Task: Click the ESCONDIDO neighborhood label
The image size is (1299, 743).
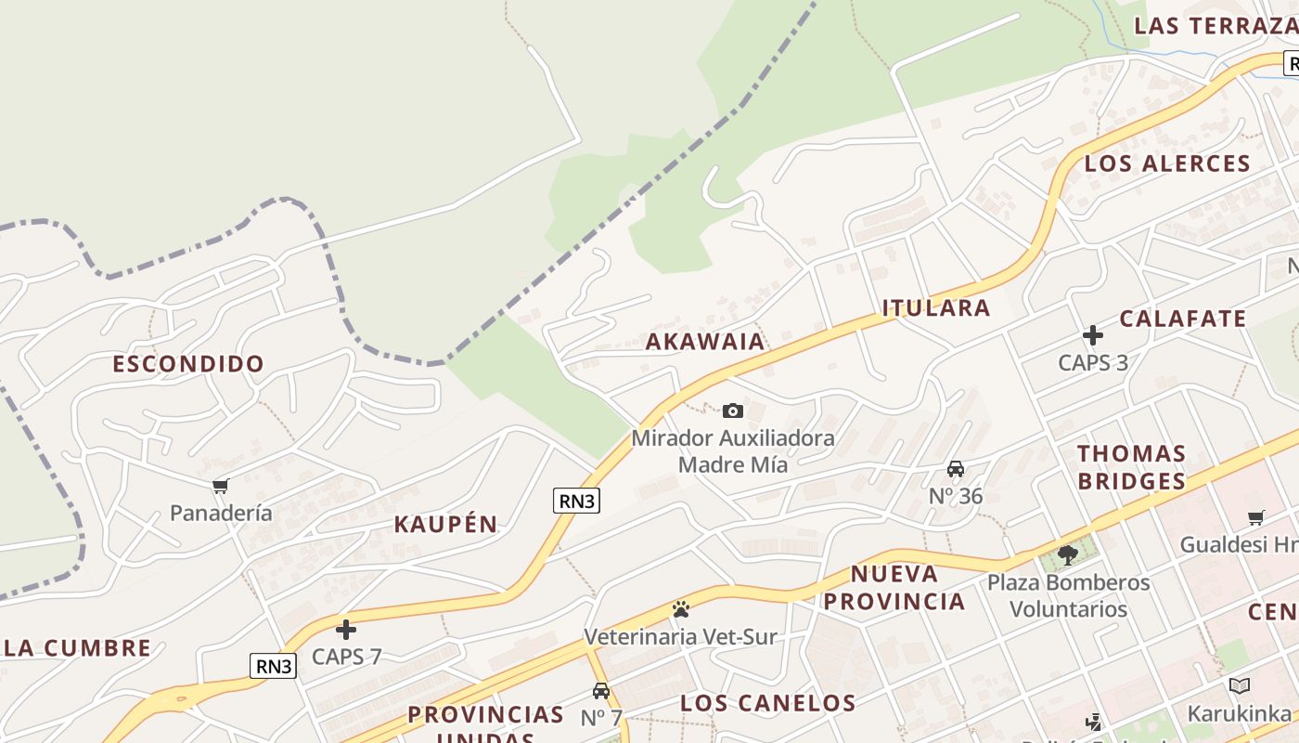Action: (x=188, y=363)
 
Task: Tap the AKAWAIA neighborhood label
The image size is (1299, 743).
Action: (x=705, y=341)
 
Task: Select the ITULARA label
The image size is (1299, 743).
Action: (x=935, y=307)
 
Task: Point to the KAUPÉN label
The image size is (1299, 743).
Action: (x=445, y=524)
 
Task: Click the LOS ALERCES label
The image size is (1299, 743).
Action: (x=1167, y=163)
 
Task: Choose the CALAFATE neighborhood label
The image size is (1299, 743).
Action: (x=1182, y=319)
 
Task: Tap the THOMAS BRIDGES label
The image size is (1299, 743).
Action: (x=1131, y=467)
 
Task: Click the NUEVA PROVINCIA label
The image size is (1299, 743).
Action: (x=894, y=587)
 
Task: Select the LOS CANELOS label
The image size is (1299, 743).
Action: (x=767, y=702)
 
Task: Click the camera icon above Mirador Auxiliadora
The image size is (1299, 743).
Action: (x=733, y=411)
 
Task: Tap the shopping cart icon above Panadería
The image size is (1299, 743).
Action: (x=221, y=486)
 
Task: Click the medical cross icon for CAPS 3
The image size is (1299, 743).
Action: (x=1093, y=335)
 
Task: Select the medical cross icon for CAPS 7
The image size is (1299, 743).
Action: (x=346, y=630)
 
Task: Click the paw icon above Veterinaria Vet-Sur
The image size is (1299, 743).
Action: (x=681, y=610)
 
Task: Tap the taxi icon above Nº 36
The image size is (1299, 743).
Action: (x=956, y=469)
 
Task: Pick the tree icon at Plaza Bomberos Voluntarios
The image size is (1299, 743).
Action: (x=1068, y=554)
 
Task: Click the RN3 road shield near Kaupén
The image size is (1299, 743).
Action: (x=576, y=501)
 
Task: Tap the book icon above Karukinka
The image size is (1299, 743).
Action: (x=1240, y=686)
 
